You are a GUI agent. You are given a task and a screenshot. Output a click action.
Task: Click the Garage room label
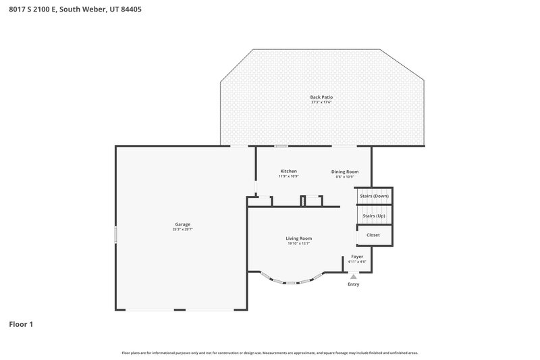click(x=182, y=224)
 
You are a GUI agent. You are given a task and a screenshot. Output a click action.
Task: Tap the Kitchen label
click(x=289, y=171)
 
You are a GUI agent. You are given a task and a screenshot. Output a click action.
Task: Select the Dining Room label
click(x=344, y=172)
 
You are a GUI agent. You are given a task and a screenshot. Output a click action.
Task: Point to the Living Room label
click(x=298, y=238)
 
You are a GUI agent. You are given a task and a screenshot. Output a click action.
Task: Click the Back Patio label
click(x=321, y=97)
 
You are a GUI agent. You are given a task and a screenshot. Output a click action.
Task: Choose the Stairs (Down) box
click(x=373, y=196)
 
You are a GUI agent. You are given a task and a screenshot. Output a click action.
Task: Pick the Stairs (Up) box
click(x=373, y=215)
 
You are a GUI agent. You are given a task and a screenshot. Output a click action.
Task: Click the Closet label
click(x=373, y=235)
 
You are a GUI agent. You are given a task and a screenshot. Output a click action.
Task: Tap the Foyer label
click(x=356, y=257)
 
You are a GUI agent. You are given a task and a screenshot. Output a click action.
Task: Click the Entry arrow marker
click(x=353, y=276)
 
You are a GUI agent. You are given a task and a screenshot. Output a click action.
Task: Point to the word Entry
click(x=353, y=284)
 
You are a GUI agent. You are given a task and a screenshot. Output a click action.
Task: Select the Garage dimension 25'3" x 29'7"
click(x=182, y=230)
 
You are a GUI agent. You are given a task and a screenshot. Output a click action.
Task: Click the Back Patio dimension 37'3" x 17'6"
click(x=321, y=103)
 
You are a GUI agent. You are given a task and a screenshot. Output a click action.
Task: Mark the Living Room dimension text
click(x=298, y=243)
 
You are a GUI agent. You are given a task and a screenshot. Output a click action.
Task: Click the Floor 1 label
click(x=21, y=324)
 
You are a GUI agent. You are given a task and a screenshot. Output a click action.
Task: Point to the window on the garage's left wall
click(x=115, y=235)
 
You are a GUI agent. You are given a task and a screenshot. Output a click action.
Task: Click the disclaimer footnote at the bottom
click(x=269, y=353)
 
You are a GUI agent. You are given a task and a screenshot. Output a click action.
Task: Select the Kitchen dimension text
click(x=289, y=176)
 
